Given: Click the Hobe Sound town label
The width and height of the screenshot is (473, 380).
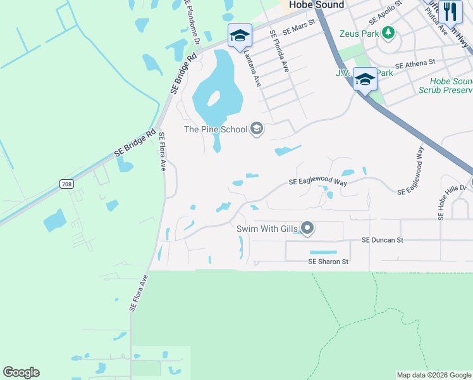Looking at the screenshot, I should (x=316, y=5).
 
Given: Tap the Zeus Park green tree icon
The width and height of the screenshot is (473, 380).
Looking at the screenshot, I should (x=389, y=32).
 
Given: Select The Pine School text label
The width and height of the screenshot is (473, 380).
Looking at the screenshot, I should (x=216, y=130).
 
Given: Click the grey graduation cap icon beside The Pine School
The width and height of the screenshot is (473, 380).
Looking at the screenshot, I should (x=256, y=129).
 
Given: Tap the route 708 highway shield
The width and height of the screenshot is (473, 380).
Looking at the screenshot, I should (x=66, y=184).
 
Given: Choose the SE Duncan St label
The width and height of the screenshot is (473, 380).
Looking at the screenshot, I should (x=382, y=241).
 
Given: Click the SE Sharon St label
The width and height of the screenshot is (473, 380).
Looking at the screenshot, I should (x=328, y=262).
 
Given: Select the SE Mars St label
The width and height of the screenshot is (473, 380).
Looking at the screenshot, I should (x=298, y=29).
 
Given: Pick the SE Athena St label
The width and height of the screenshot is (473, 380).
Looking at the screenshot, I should (x=415, y=64).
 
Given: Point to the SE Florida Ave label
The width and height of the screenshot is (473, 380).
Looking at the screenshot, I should (x=279, y=51).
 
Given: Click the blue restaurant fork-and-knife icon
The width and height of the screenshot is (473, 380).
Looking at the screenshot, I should (x=450, y=11).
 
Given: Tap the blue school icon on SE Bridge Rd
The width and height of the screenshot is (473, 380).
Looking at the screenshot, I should (x=240, y=35).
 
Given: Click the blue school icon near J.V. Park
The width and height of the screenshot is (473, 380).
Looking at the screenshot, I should (x=365, y=79).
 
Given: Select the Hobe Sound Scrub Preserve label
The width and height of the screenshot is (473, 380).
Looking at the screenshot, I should (x=445, y=85).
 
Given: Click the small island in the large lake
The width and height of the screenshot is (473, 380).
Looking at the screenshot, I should (x=213, y=99).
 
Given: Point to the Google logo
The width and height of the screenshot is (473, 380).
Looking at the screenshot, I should (x=21, y=372).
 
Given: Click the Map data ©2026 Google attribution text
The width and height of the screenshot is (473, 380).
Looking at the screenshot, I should (x=434, y=375).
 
